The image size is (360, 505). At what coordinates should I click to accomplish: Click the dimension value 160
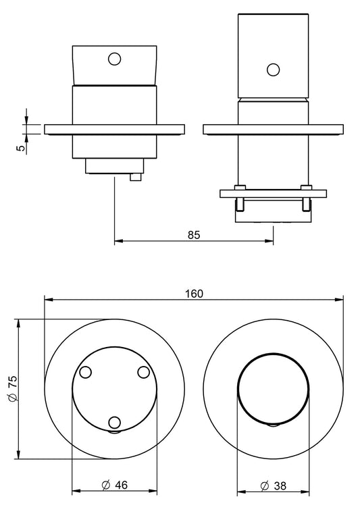pyautogui.click(x=194, y=294)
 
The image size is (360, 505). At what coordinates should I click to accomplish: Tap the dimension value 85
pyautogui.click(x=194, y=235)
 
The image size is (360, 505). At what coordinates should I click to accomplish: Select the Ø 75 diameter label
pyautogui.click(x=14, y=389)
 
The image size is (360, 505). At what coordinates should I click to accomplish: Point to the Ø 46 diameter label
pyautogui.click(x=114, y=485)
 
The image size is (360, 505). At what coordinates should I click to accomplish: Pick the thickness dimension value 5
pyautogui.click(x=20, y=148)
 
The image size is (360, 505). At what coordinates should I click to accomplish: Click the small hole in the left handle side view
pyautogui.click(x=114, y=59)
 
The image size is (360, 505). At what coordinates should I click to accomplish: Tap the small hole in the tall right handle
pyautogui.click(x=274, y=70)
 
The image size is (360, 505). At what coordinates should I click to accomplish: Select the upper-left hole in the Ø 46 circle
pyautogui.click(x=85, y=372)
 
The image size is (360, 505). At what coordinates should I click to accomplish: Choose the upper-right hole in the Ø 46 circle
pyautogui.click(x=144, y=372)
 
